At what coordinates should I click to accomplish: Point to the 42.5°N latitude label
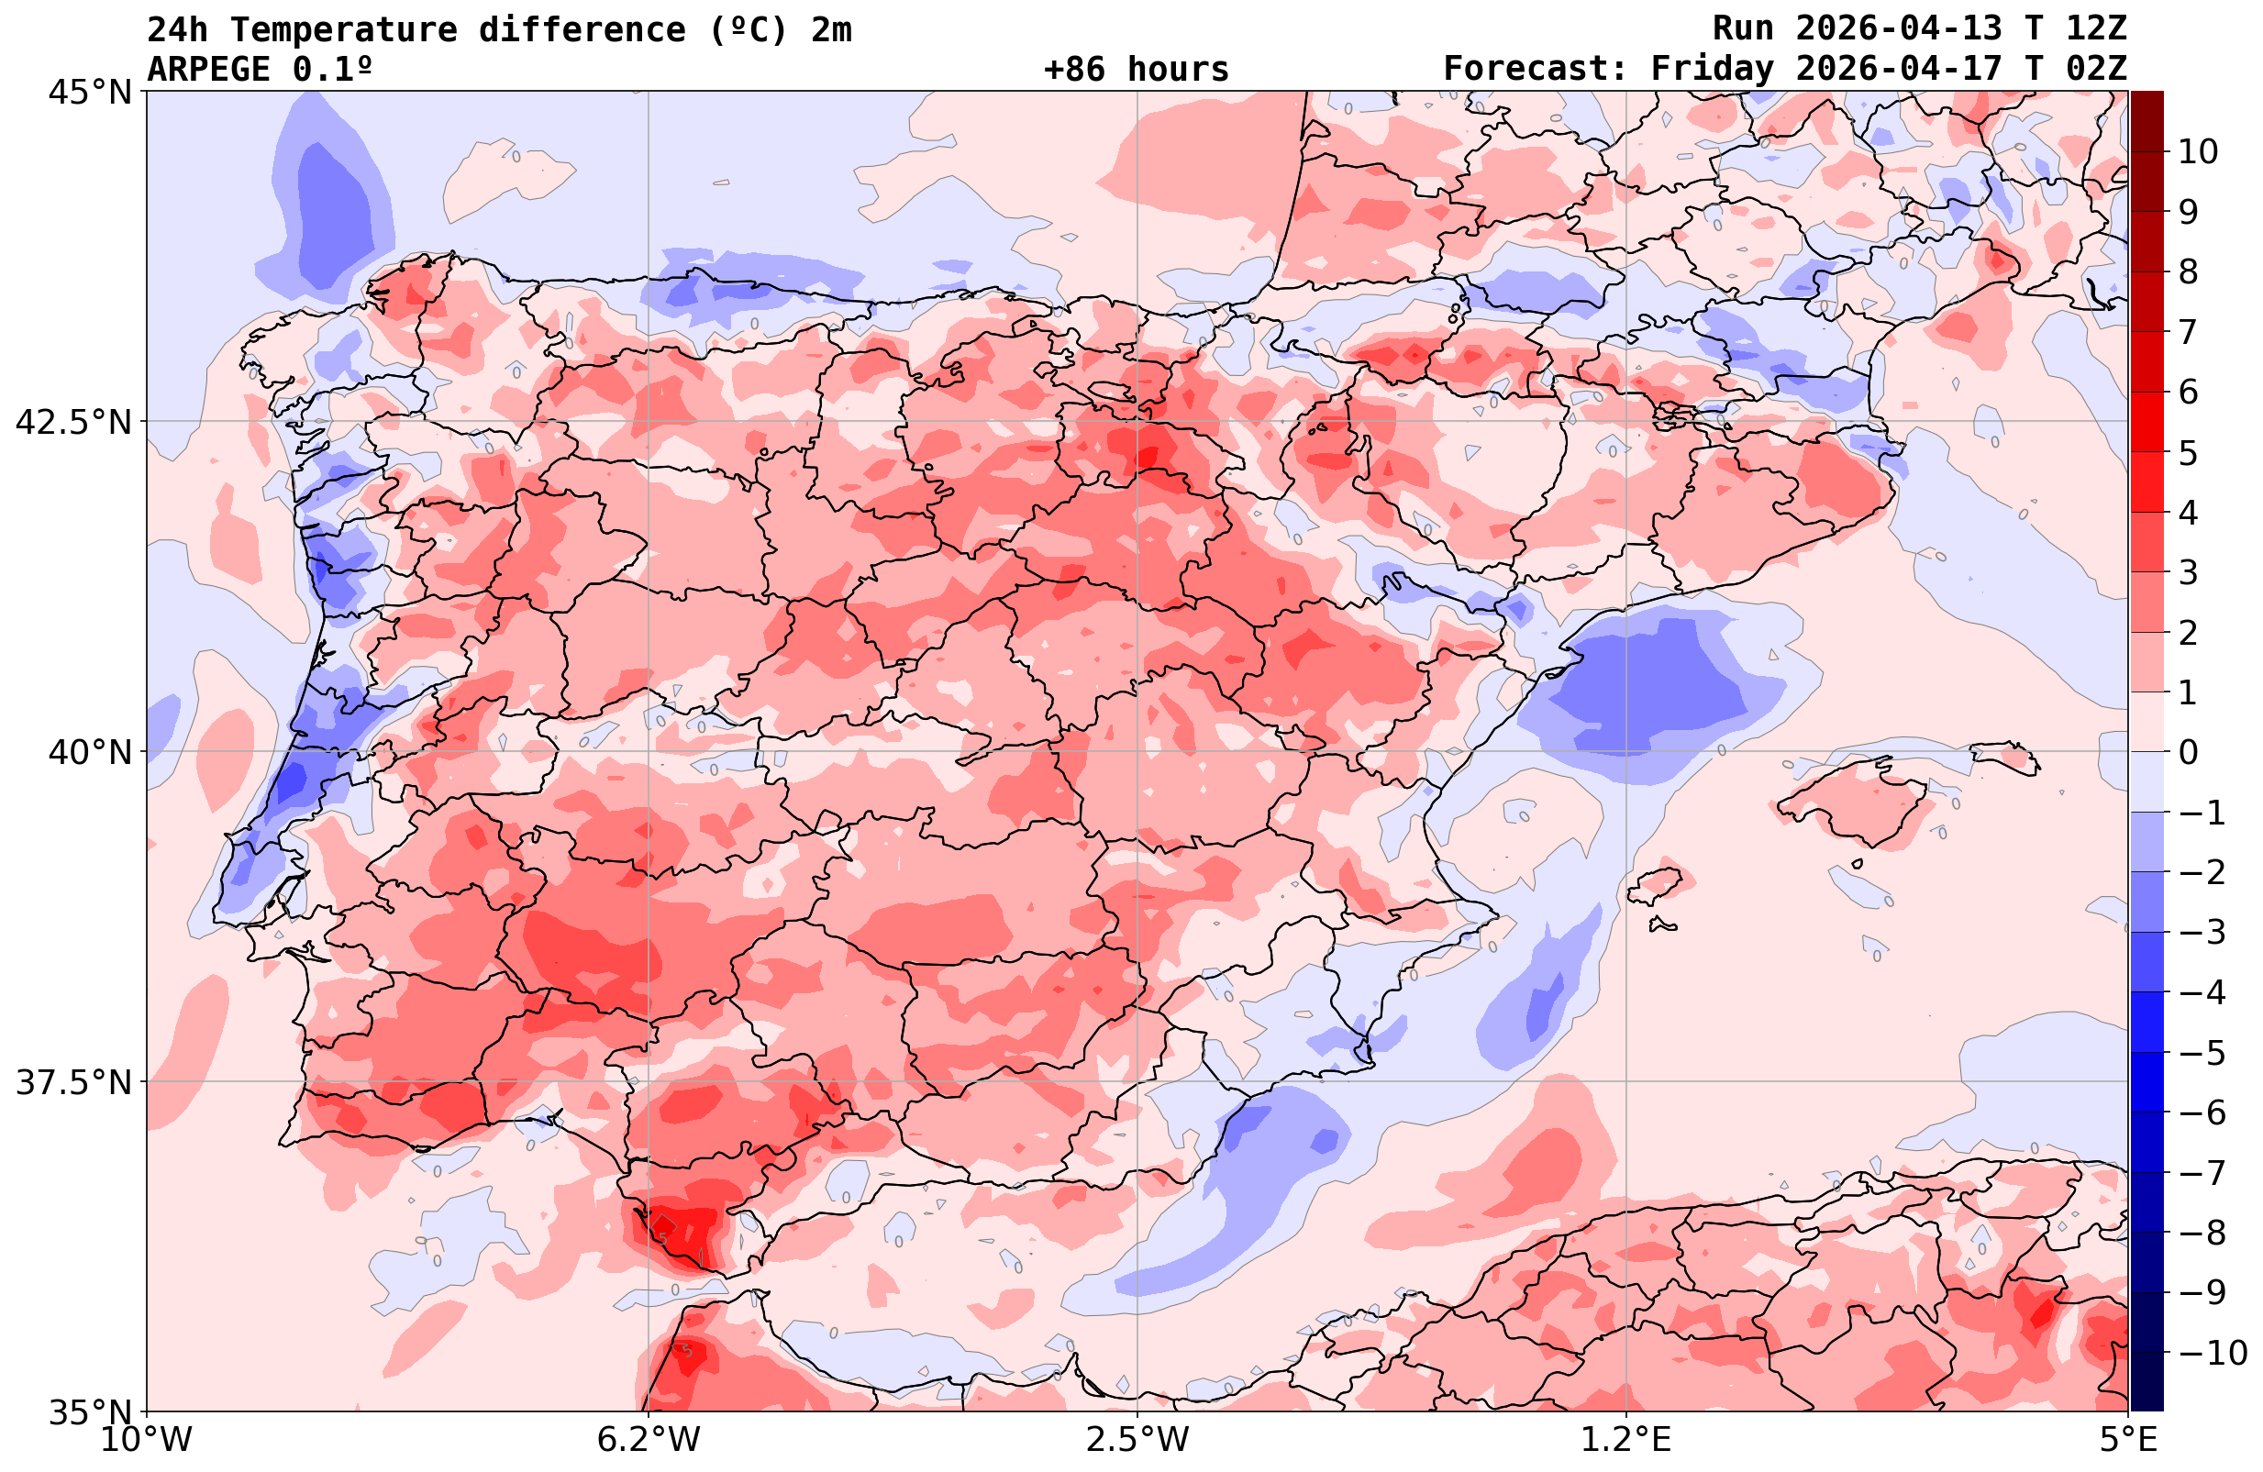[72, 422]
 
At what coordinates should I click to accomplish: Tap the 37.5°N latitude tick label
[72, 1082]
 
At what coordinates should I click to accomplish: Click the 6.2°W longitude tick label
[649, 1439]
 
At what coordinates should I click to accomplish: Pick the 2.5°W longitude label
[1137, 1439]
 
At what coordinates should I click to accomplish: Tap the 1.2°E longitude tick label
[1626, 1439]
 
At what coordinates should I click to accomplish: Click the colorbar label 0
[2188, 752]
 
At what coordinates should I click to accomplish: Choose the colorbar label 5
[2188, 453]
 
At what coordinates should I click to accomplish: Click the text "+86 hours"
[1137, 70]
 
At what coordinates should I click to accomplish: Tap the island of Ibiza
[1656, 885]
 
